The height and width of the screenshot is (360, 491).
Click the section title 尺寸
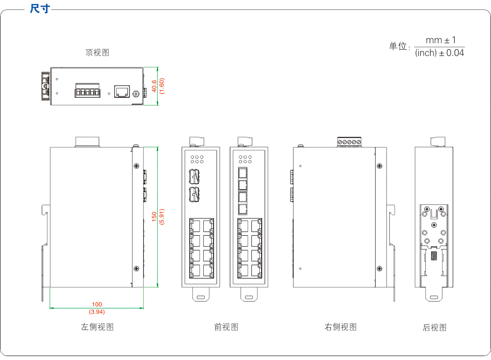(40, 9)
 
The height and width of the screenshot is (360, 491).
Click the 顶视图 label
(97, 53)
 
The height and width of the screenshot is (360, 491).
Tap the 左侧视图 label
(97, 327)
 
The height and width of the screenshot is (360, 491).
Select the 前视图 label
(226, 327)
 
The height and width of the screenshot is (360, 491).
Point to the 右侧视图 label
(341, 327)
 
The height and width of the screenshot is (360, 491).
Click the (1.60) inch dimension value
(162, 86)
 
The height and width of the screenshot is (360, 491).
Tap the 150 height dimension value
(154, 217)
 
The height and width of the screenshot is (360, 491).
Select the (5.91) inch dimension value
(162, 217)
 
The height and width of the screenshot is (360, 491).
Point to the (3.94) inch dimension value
(97, 312)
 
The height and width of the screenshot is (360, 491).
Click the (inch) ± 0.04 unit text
(439, 53)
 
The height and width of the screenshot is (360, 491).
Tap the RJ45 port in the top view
(121, 91)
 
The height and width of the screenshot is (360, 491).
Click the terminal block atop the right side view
(350, 142)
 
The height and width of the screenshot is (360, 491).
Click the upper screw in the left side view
(136, 166)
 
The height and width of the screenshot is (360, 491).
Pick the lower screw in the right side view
(379, 268)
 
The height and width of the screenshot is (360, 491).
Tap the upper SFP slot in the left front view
(195, 175)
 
